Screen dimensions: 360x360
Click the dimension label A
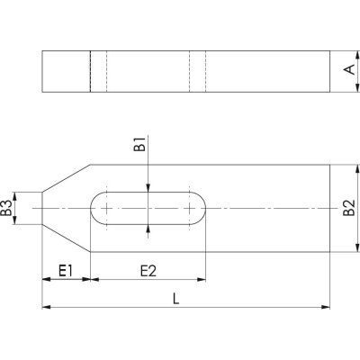[349, 69]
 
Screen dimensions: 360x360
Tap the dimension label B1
[140, 144]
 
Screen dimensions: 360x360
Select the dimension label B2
[349, 208]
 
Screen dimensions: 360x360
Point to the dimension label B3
[6, 208]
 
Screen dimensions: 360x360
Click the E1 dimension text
[66, 271]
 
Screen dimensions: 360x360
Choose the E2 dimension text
[148, 271]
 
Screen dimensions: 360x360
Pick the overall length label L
[175, 299]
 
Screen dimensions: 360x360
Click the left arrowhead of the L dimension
[46, 307]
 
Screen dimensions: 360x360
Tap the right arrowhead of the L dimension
[326, 307]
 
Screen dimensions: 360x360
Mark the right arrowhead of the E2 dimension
[202, 280]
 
